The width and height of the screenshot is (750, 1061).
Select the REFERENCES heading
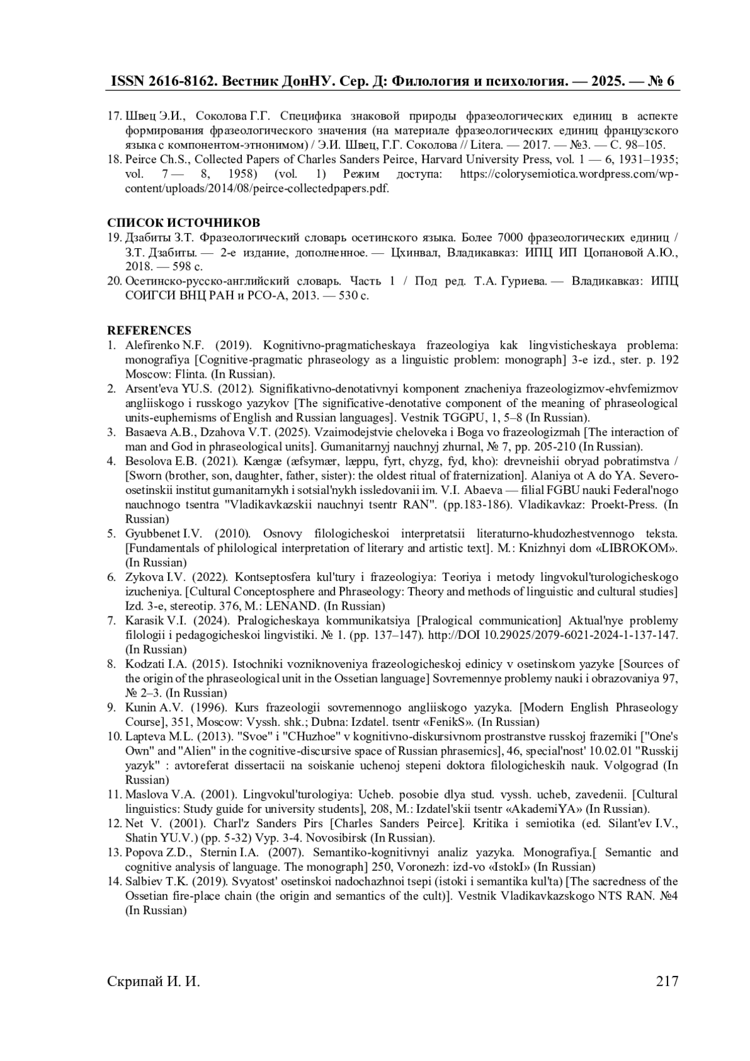pos(149,330)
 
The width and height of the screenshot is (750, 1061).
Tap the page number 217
pos(667,981)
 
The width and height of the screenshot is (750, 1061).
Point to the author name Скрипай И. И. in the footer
pos(154,981)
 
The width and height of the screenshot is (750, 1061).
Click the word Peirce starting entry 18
pos(140,159)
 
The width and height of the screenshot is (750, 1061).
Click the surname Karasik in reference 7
pos(142,621)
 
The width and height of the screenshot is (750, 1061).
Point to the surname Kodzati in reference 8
pos(142,664)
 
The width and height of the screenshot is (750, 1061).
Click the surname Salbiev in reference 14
pos(142,882)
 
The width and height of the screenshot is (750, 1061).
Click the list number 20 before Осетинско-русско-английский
pos(114,281)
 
